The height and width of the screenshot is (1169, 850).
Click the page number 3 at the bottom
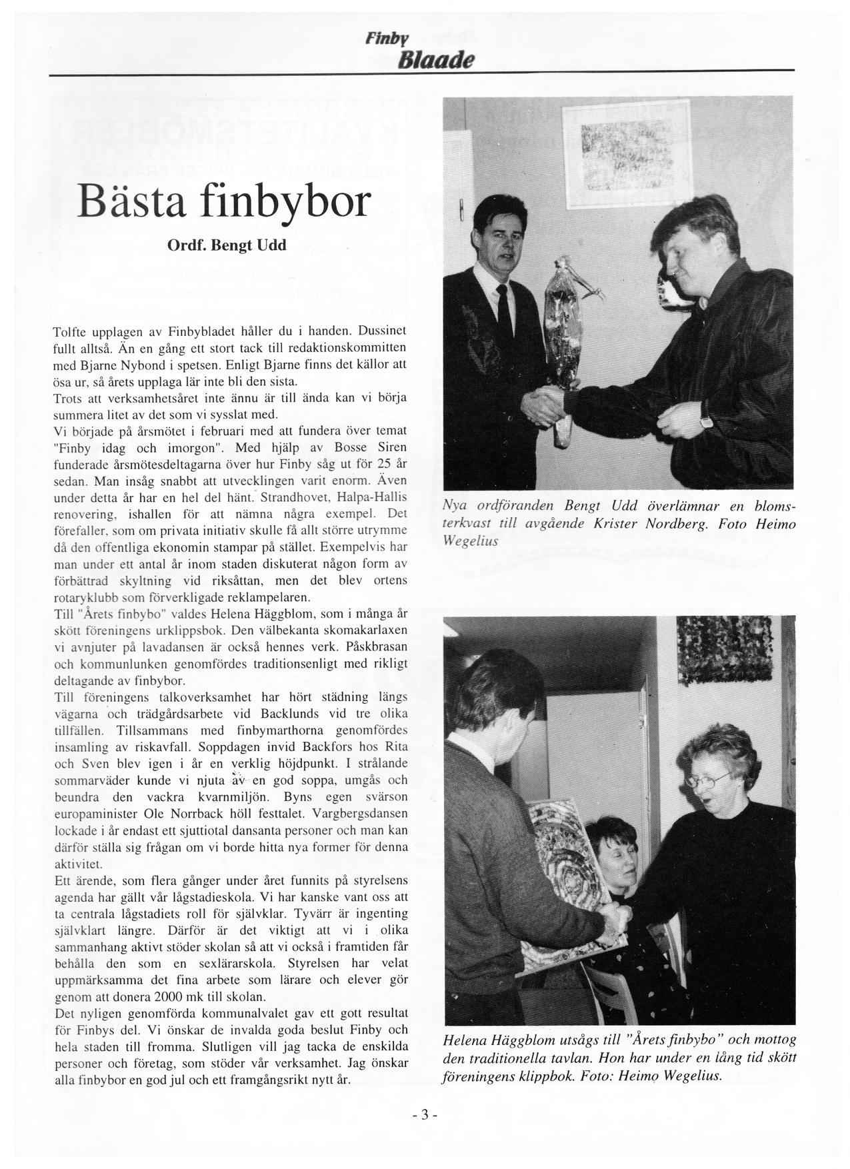pyautogui.click(x=425, y=1114)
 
